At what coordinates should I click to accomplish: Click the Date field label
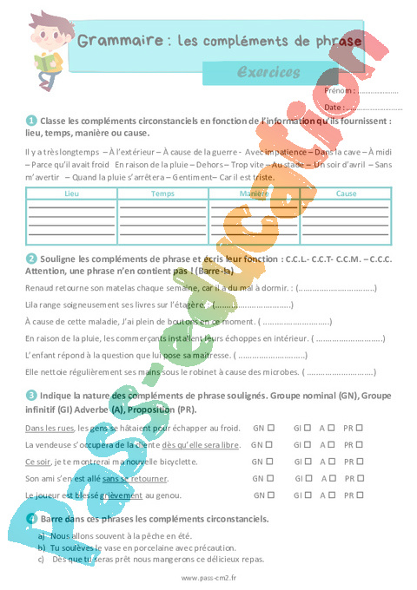[x=334, y=107]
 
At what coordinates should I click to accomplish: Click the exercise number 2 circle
[x=31, y=258]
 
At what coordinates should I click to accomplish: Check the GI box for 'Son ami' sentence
[x=310, y=478]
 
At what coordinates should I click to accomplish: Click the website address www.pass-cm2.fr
[x=208, y=578]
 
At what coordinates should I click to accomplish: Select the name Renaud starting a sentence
[x=40, y=287]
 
